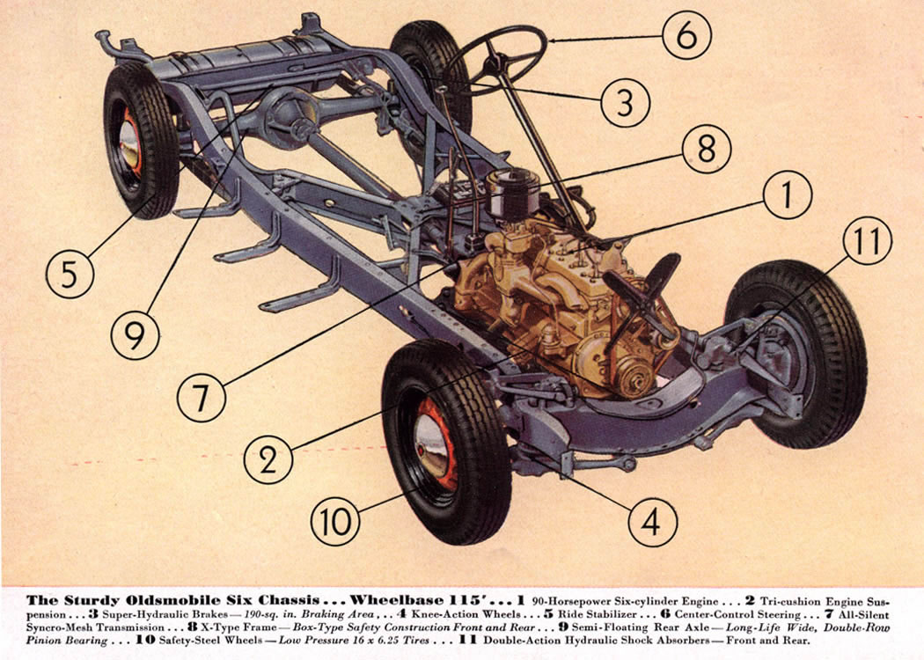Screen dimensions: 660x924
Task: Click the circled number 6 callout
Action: [686, 35]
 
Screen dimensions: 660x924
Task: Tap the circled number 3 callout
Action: [625, 102]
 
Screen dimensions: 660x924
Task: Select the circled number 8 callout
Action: [707, 150]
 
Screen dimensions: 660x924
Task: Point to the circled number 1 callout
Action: [786, 198]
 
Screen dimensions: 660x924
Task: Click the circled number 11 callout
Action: [868, 241]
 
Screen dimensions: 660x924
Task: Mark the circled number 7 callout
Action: [202, 399]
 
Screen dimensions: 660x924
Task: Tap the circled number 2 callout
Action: [268, 458]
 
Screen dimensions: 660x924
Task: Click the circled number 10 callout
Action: [335, 523]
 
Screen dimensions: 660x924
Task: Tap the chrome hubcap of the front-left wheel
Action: [426, 448]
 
